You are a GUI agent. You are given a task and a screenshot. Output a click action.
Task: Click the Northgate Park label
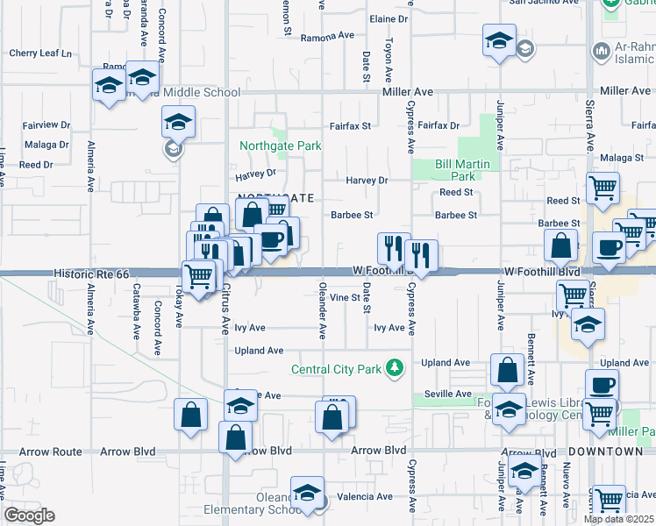point(282,146)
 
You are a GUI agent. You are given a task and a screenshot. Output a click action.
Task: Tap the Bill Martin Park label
point(467,170)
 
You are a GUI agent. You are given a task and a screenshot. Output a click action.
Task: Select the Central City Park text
point(337,369)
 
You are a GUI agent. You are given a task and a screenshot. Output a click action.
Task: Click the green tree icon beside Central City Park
point(396,368)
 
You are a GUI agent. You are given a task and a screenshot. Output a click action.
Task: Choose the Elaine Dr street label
point(390,18)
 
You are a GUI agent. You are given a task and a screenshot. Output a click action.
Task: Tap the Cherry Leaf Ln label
point(40,53)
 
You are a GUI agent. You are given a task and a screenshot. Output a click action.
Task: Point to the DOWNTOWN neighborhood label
point(606,451)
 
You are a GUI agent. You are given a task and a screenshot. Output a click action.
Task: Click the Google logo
point(29,515)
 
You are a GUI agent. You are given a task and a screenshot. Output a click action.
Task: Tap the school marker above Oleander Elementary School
point(307,493)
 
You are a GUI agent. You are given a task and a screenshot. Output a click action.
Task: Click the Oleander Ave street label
point(322,310)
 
